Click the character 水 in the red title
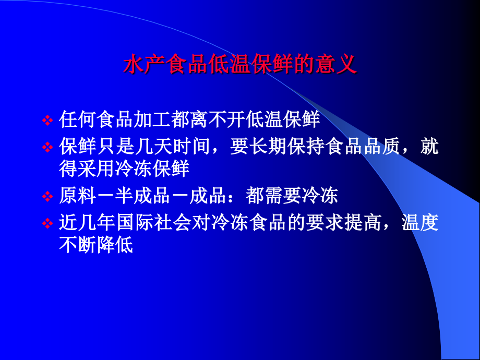tap(134, 64)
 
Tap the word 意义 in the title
tap(336, 64)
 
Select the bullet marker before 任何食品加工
tap(47, 119)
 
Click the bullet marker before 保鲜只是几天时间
tap(47, 147)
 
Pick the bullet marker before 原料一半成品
tap(47, 196)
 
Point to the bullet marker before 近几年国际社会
tap(47, 223)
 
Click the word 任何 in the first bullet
tap(78, 119)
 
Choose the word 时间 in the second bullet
tap(191, 146)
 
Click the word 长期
tap(268, 146)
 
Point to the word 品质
tap(382, 146)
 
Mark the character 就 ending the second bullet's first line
tap(429, 146)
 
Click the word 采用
tap(97, 169)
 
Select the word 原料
tap(78, 195)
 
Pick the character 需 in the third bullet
tap(274, 195)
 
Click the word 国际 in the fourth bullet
tap(135, 223)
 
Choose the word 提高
tap(363, 223)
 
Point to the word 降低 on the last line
tap(115, 244)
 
